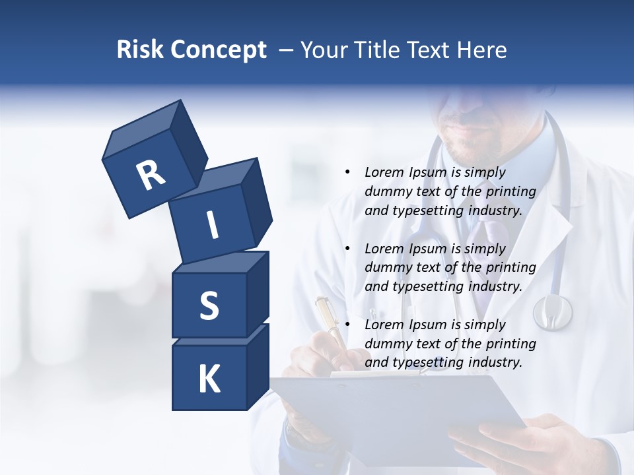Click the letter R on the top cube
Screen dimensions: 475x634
(151, 175)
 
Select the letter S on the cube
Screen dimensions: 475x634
(209, 305)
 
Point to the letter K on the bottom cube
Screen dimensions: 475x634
(209, 379)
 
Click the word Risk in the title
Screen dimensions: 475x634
(141, 50)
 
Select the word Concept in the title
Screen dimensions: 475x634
(219, 50)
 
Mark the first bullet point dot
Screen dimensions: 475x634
(347, 172)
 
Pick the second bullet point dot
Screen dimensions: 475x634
(347, 249)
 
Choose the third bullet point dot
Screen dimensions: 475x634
(347, 325)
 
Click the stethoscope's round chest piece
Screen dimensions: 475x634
(552, 311)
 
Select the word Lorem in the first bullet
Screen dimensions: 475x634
(383, 172)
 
